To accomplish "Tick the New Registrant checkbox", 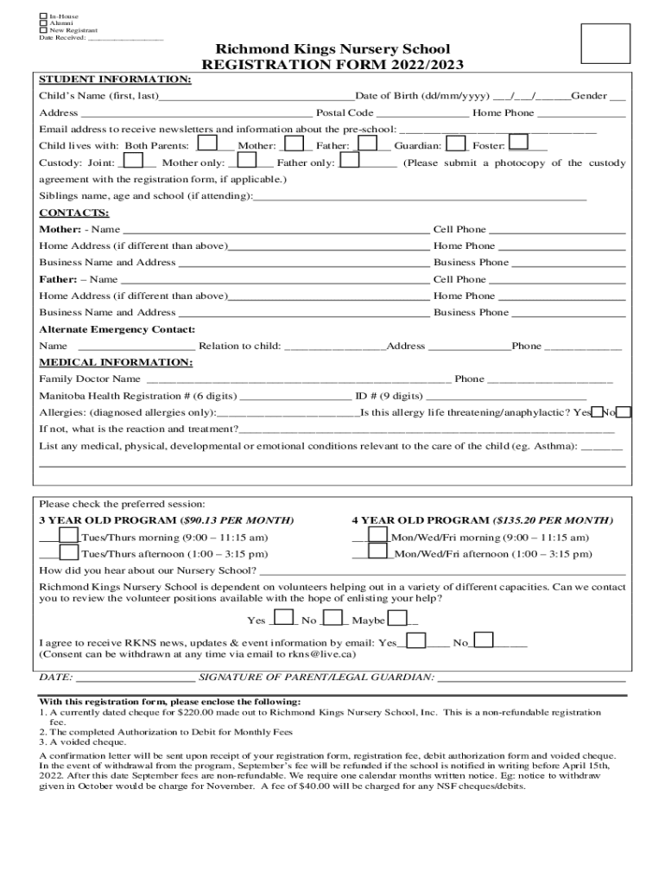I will click(43, 30).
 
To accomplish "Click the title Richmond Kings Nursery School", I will click(332, 49).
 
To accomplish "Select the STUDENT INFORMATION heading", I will click(115, 80).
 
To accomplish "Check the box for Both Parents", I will click(207, 145).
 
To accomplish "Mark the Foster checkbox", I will click(518, 144).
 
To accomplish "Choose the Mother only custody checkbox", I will click(246, 161).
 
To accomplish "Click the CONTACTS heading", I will click(74, 213).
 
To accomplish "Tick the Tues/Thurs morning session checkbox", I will click(69, 536).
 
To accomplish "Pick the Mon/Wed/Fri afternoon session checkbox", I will click(377, 553).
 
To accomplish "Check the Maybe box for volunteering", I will click(397, 619).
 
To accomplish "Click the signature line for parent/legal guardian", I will click(531, 679).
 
